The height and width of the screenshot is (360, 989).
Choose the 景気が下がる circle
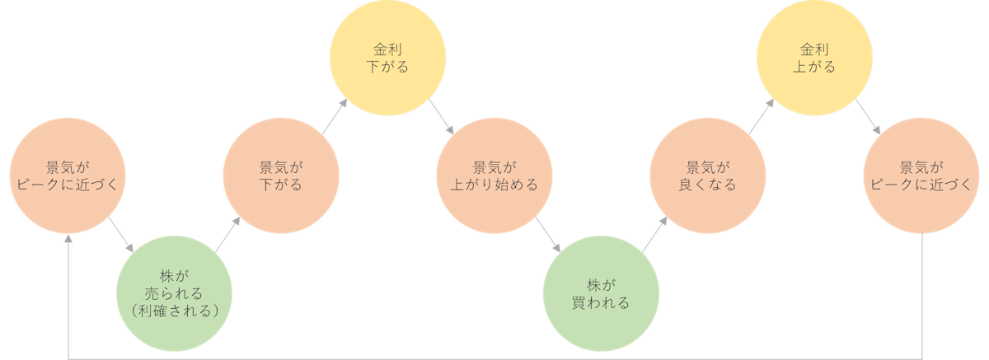pos(280,175)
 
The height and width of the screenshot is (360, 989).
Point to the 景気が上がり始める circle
pos(494,175)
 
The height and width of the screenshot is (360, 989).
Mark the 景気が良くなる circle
pos(707,175)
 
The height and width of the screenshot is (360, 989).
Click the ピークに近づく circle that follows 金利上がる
pos(921,175)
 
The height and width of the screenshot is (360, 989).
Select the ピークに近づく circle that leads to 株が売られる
pos(68,175)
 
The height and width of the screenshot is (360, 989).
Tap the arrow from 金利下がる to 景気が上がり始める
pos(441,117)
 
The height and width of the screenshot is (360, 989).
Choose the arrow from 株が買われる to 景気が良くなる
pos(654,234)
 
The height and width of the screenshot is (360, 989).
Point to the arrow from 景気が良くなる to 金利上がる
pos(761,117)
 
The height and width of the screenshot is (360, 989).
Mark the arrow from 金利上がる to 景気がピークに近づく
pos(868,117)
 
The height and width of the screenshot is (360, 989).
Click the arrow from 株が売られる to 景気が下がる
pos(227,234)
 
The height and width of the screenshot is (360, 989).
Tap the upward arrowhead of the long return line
pos(68,238)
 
